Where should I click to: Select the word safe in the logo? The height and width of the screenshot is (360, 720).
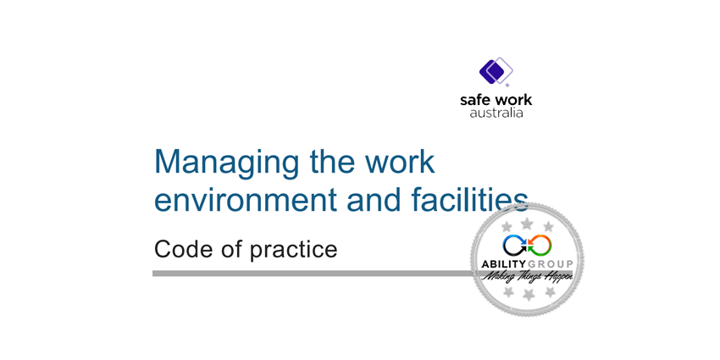pos(474,100)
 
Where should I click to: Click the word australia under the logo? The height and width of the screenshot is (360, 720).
pos(496,112)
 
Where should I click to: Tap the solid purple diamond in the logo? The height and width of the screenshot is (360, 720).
pos(490,70)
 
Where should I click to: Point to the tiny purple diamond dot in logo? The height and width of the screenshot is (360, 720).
pos(508,85)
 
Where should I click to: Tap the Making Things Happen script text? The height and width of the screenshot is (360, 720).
pos(527,277)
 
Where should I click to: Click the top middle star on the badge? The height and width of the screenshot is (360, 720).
pos(527,223)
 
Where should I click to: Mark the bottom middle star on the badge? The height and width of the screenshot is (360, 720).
pos(528,294)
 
